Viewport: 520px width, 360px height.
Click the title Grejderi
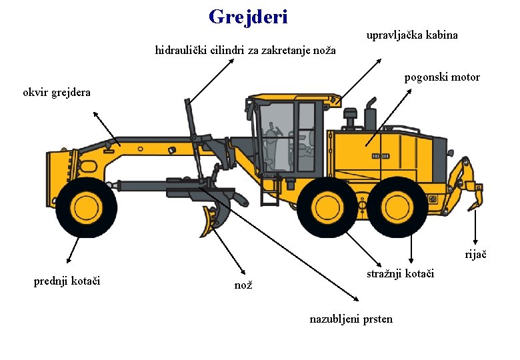tap(248, 17)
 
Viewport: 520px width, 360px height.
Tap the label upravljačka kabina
tap(412, 35)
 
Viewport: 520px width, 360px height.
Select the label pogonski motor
tap(442, 77)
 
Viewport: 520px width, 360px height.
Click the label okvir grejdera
tap(57, 93)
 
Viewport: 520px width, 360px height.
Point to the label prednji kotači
tap(67, 281)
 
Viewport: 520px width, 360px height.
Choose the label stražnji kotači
tap(401, 273)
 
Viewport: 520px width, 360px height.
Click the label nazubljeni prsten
tap(351, 319)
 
